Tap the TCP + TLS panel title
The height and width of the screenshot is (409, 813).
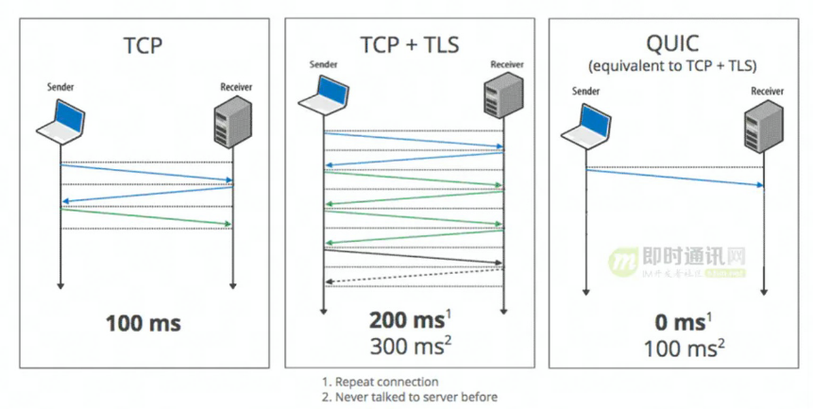point(410,44)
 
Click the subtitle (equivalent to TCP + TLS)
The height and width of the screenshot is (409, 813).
point(674,66)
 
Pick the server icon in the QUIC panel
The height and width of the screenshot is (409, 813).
point(762,126)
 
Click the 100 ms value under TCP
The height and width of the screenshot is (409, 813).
point(144,324)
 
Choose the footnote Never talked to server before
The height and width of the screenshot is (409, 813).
point(410,397)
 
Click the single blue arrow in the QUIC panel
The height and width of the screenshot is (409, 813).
point(674,178)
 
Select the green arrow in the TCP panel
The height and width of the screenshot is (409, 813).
point(146,216)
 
